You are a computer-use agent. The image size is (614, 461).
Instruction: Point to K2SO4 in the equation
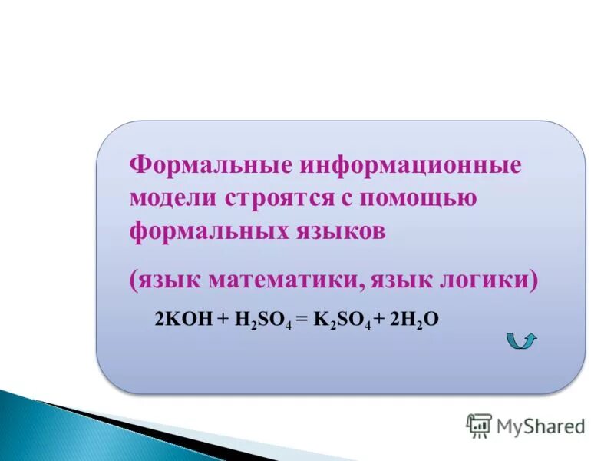coord(342,320)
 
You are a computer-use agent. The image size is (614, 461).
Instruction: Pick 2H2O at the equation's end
coord(414,320)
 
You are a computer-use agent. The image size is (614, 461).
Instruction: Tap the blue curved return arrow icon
coord(522,340)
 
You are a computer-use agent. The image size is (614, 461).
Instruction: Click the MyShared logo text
coord(540,425)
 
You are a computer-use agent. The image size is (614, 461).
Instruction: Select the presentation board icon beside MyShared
coord(479,425)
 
